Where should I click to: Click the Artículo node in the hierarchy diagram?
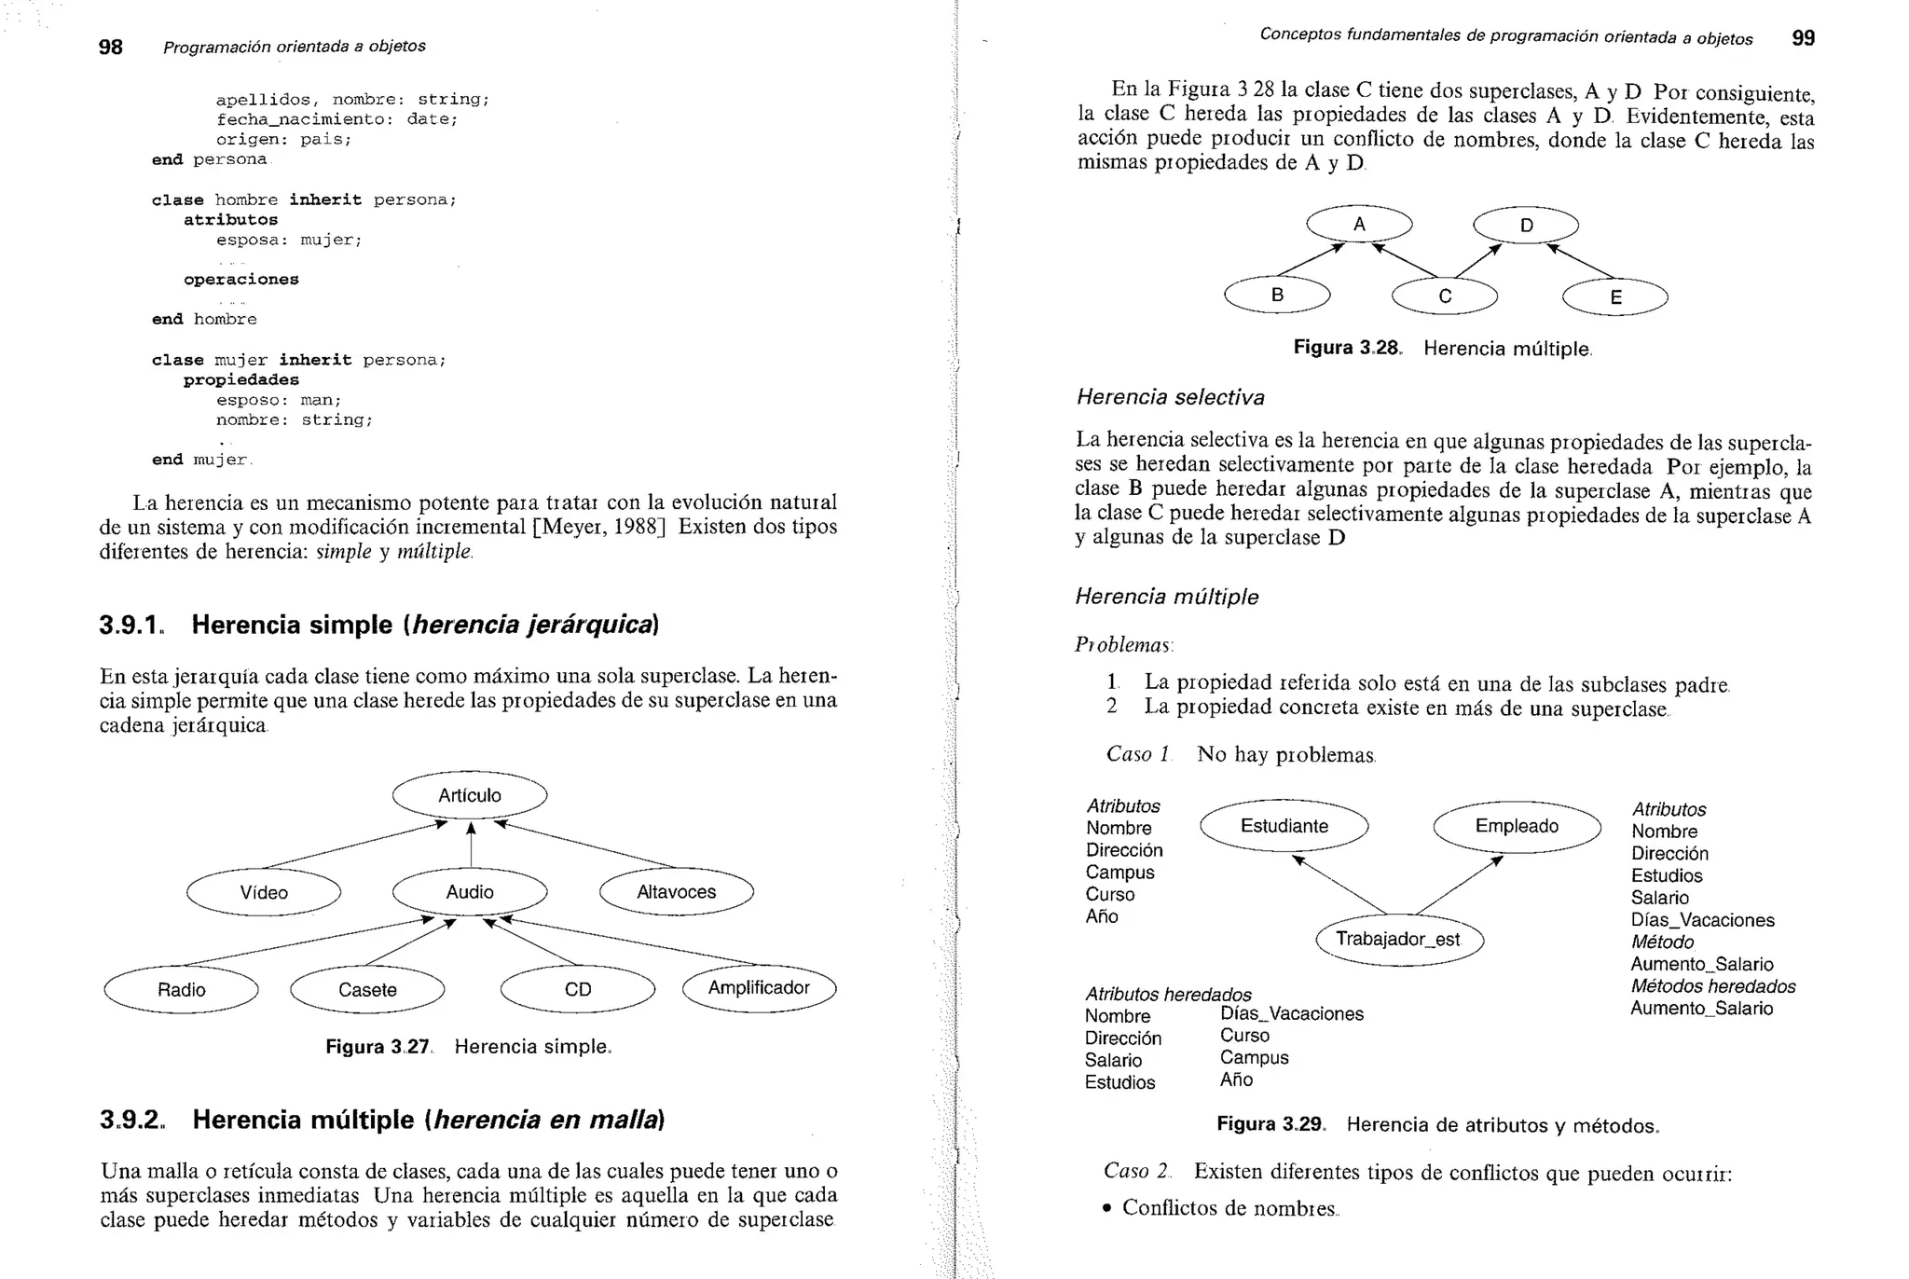pos(470,795)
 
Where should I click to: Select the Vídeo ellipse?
pos(264,892)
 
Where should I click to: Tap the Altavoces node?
pos(676,892)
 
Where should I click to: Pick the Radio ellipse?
pos(181,990)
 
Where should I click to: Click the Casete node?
pos(367,990)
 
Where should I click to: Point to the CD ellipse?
pos(578,990)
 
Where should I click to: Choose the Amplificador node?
pos(759,988)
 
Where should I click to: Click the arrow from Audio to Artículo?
pos(471,845)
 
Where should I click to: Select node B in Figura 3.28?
pos(1277,296)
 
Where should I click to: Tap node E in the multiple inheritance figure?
pos(1615,298)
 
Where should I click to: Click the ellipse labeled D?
pos(1526,226)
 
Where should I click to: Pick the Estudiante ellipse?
pos(1284,826)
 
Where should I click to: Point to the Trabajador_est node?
pos(1398,939)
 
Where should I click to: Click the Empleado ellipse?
pos(1517,826)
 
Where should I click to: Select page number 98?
pos(110,47)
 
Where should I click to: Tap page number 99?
pos(1803,38)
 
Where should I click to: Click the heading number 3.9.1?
pos(130,625)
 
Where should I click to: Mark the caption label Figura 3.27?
pos(378,1047)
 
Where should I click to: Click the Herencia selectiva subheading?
pos(1170,398)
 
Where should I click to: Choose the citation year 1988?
pos(639,527)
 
